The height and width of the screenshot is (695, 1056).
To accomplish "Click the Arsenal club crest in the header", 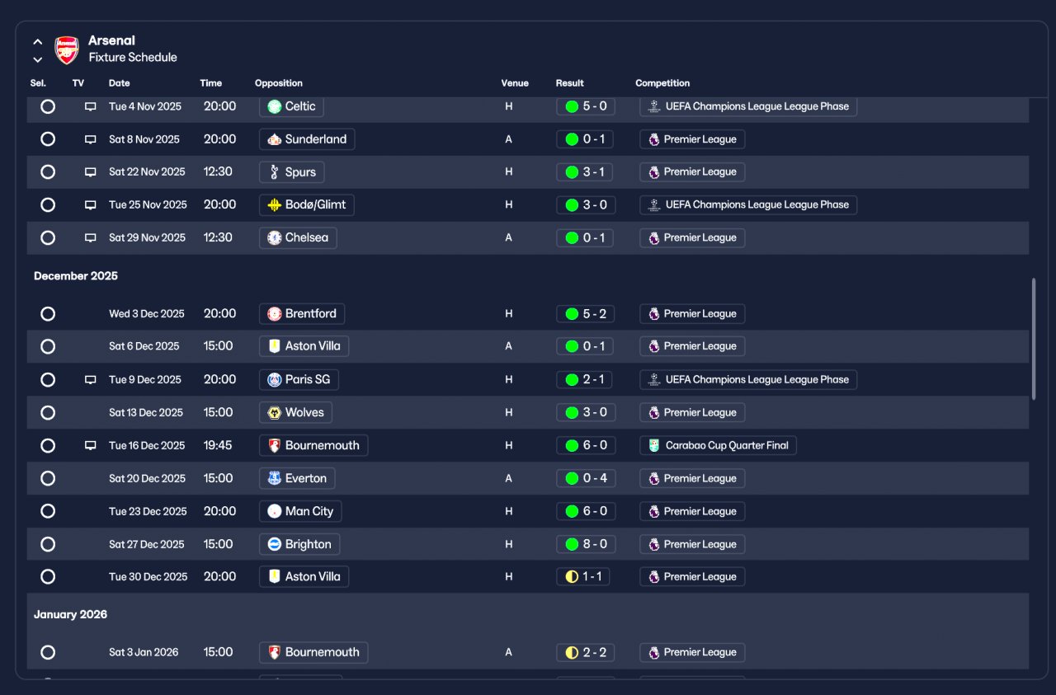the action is pyautogui.click(x=67, y=49).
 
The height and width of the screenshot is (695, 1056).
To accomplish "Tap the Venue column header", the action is pyautogui.click(x=514, y=83).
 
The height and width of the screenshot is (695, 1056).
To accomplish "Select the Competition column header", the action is pyautogui.click(x=662, y=83).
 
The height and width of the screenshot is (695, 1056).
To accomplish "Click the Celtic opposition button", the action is pyautogui.click(x=291, y=106).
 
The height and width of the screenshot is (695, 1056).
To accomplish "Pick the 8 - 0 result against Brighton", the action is pyautogui.click(x=586, y=544).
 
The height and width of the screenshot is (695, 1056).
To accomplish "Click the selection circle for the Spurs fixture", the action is pyautogui.click(x=48, y=172).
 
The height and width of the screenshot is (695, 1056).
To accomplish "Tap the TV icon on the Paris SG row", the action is pyautogui.click(x=90, y=380).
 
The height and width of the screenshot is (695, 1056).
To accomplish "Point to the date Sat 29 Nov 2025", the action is pyautogui.click(x=147, y=237).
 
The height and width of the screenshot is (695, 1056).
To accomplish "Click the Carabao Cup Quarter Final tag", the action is pyautogui.click(x=718, y=445).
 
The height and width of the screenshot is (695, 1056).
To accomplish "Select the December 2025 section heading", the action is pyautogui.click(x=75, y=275).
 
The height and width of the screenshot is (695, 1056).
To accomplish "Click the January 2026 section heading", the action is pyautogui.click(x=70, y=614).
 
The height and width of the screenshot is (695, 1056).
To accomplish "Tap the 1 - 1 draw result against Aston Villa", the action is pyautogui.click(x=583, y=577).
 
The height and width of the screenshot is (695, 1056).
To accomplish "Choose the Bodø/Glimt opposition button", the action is pyautogui.click(x=306, y=205).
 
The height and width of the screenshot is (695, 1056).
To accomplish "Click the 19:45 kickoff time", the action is pyautogui.click(x=218, y=445).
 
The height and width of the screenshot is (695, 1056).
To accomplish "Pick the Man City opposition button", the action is pyautogui.click(x=300, y=511).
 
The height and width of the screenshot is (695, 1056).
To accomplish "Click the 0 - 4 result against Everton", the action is pyautogui.click(x=586, y=478).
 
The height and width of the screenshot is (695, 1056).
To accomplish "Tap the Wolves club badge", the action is pyautogui.click(x=275, y=413).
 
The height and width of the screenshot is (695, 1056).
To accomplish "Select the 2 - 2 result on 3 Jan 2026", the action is pyautogui.click(x=585, y=653).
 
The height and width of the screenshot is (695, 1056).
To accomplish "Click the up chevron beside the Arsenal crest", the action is pyautogui.click(x=38, y=42).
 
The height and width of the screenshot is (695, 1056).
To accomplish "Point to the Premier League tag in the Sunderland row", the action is pyautogui.click(x=692, y=139).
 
